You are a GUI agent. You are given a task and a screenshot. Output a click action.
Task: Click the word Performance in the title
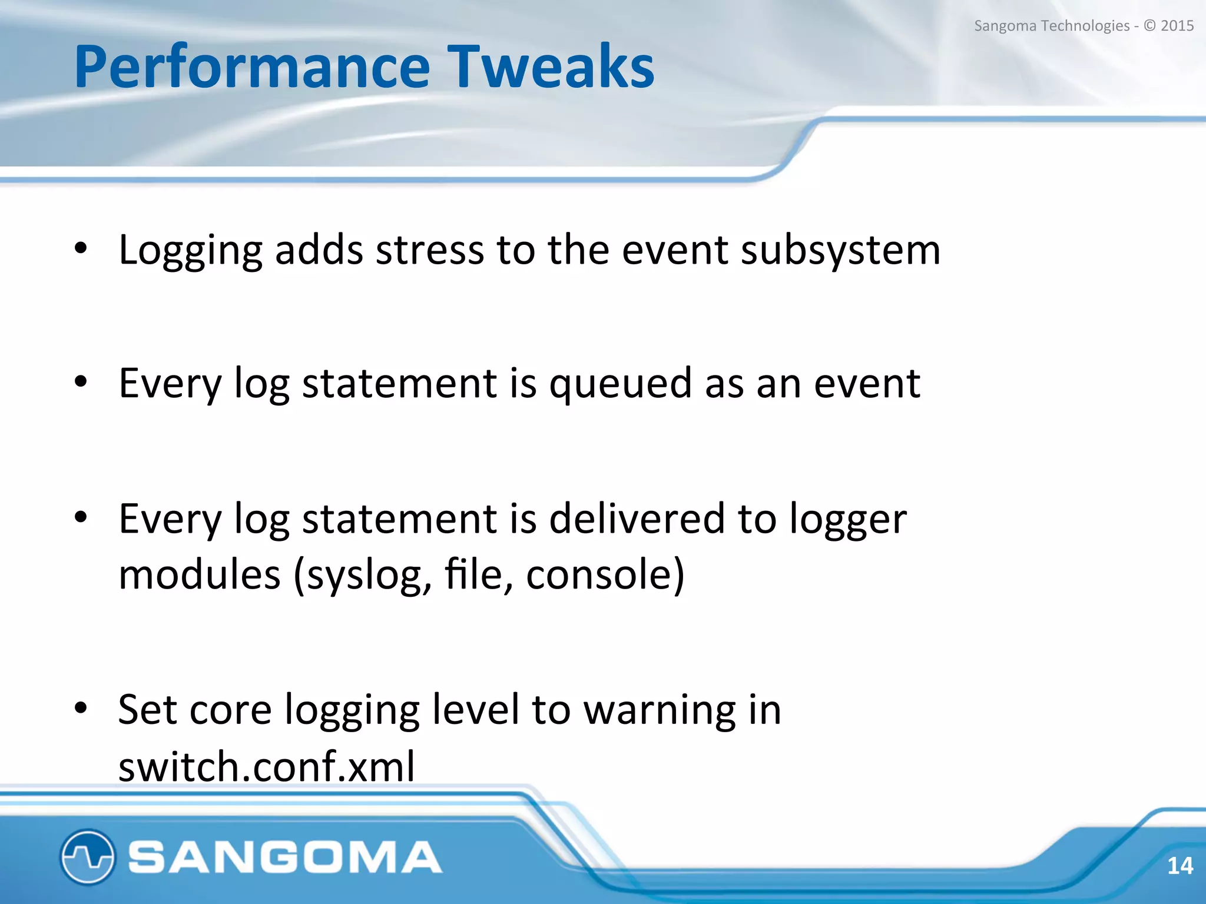[252, 68]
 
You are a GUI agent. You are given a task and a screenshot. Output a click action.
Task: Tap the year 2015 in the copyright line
[1177, 26]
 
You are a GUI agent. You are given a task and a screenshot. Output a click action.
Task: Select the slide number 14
[1180, 866]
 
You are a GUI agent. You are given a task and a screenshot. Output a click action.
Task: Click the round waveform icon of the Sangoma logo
[87, 857]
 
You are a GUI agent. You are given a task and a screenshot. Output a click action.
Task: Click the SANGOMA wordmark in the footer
[285, 857]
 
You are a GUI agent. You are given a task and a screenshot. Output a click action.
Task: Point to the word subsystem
[840, 251]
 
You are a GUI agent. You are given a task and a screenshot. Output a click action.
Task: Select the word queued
[620, 384]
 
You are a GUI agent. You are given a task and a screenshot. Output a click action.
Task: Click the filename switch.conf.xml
[267, 766]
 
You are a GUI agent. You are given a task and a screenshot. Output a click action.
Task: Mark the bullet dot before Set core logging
[81, 708]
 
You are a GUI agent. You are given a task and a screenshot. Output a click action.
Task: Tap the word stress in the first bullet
[429, 251]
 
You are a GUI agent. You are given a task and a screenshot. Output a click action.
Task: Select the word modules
[200, 575]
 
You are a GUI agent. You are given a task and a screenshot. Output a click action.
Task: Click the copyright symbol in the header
[1150, 26]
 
